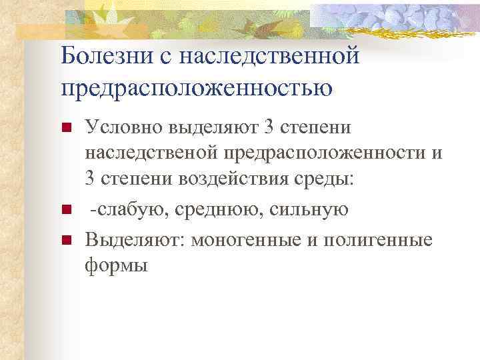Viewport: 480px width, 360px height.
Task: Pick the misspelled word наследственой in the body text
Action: (x=151, y=154)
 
